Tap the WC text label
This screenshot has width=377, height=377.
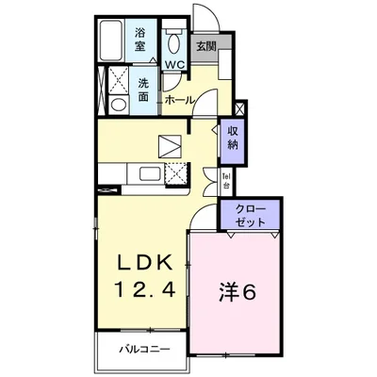173,63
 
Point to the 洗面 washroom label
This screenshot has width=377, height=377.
143,88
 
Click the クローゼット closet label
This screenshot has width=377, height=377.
251,213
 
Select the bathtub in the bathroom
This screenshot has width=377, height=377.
109,38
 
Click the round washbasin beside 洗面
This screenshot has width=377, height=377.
118,104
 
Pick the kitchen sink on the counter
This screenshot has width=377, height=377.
148,172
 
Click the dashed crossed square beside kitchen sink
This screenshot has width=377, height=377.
175,173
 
